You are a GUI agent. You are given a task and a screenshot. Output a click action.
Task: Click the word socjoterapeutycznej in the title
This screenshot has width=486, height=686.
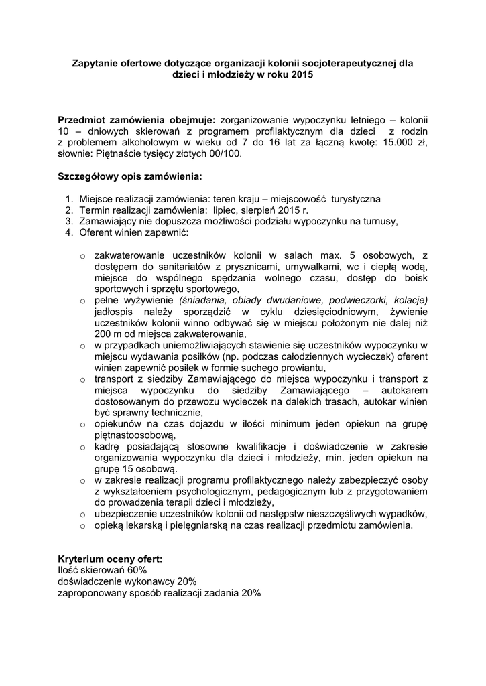(351, 64)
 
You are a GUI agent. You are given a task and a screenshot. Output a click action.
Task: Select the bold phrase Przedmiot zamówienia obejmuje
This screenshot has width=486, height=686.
(136, 119)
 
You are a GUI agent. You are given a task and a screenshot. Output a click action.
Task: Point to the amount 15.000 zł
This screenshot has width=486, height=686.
(402, 141)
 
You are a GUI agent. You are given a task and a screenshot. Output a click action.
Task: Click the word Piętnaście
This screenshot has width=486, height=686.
(121, 153)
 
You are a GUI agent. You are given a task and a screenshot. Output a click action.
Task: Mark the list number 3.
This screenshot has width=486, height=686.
(68, 221)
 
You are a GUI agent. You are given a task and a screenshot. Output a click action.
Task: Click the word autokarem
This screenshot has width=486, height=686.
(408, 391)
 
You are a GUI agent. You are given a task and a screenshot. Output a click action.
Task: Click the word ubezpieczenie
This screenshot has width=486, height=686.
(127, 514)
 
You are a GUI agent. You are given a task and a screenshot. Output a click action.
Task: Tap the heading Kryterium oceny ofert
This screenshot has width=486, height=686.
(110, 559)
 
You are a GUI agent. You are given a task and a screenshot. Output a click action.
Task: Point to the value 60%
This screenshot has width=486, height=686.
(134, 570)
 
